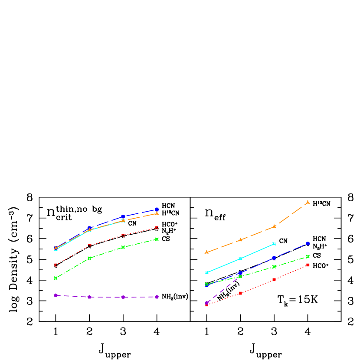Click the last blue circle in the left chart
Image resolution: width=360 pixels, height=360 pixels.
[157, 209]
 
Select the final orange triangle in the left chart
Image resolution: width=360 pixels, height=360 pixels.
[157, 213]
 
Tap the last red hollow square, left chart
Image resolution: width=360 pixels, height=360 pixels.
[157, 228]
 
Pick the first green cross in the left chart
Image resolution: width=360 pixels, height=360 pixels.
[56, 278]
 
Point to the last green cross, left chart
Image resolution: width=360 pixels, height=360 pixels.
[157, 239]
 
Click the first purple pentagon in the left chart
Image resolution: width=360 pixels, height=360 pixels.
[56, 295]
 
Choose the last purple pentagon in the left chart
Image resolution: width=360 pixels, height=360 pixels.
[157, 297]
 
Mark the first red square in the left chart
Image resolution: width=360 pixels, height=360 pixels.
[56, 265]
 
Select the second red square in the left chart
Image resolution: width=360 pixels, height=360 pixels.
[89, 245]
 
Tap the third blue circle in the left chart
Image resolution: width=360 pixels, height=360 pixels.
[123, 216]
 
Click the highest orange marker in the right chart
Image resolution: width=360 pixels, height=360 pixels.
[308, 202]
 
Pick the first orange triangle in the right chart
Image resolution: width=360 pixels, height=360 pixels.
[206, 252]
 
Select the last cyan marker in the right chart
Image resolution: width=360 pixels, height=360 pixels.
[274, 244]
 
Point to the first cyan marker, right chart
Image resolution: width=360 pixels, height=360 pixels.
[206, 272]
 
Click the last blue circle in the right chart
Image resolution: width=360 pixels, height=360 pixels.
[308, 243]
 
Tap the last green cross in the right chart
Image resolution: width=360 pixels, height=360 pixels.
[308, 256]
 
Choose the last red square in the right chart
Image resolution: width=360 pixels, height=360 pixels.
[308, 265]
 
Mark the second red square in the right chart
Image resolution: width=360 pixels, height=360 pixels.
[240, 293]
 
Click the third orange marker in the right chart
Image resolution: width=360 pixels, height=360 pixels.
[274, 226]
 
